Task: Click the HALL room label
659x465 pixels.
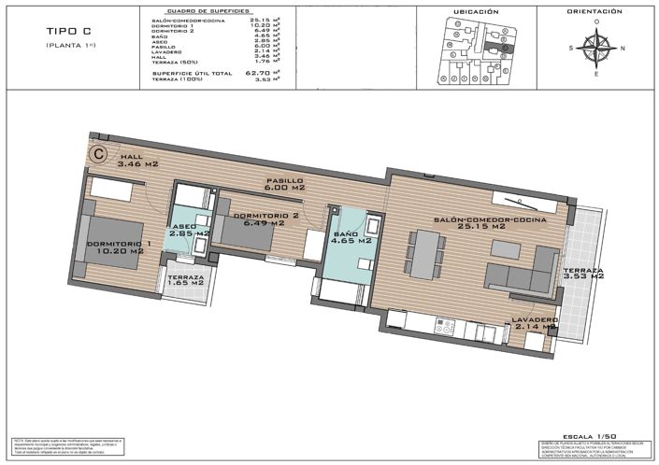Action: [x=136, y=160]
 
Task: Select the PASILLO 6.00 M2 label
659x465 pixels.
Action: [x=285, y=184]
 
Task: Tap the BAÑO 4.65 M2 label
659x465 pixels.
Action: [x=351, y=236]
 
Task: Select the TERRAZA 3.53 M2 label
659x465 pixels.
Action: [x=584, y=274]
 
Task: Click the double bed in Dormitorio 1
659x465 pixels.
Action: [x=114, y=252]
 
